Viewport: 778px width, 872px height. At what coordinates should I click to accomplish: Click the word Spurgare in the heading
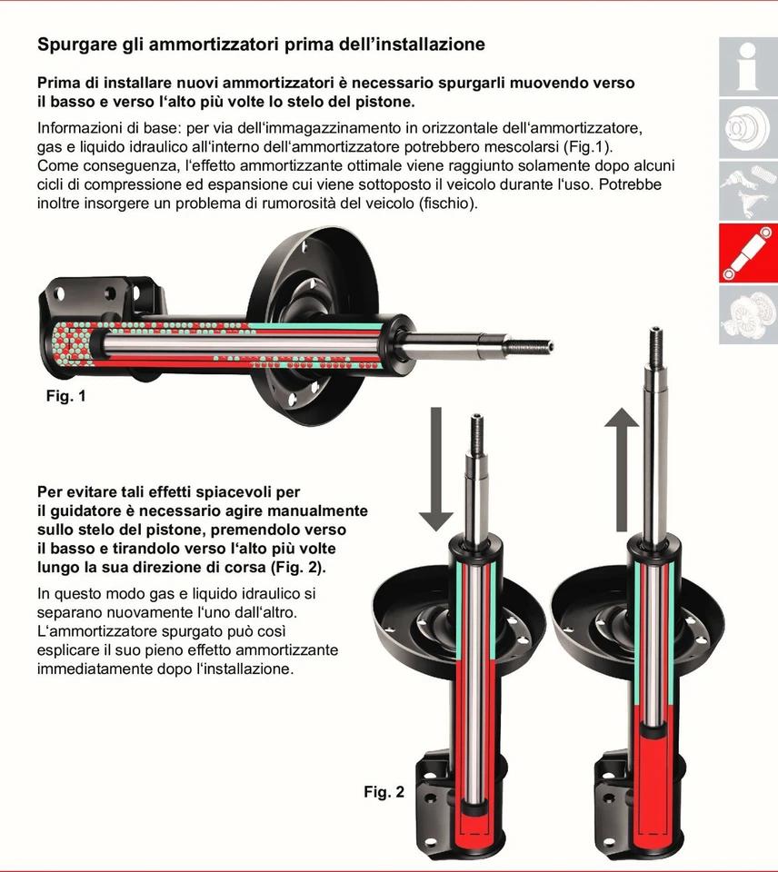tap(77, 45)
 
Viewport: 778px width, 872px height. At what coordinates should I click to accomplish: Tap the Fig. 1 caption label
tap(65, 397)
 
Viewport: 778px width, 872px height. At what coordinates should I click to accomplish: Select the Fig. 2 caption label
tap(384, 792)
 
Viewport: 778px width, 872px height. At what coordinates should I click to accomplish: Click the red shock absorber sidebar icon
tap(748, 253)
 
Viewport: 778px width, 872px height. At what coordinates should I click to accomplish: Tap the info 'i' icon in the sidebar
tap(748, 67)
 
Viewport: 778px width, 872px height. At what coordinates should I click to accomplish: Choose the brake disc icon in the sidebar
tap(748, 129)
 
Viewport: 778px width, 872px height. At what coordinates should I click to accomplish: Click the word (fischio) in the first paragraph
tap(445, 203)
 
